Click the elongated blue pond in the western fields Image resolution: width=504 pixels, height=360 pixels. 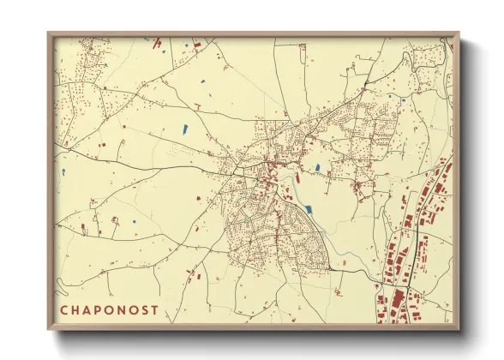[183, 129]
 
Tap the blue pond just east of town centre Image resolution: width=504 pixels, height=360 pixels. [317, 168]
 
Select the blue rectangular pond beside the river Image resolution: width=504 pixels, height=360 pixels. [309, 208]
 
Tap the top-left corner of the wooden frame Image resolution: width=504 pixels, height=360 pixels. [49, 33]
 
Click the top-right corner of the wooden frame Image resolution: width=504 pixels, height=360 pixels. [459, 33]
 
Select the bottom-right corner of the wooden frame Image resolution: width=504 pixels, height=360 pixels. [459, 330]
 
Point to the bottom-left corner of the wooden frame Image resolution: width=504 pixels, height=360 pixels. [49, 330]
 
